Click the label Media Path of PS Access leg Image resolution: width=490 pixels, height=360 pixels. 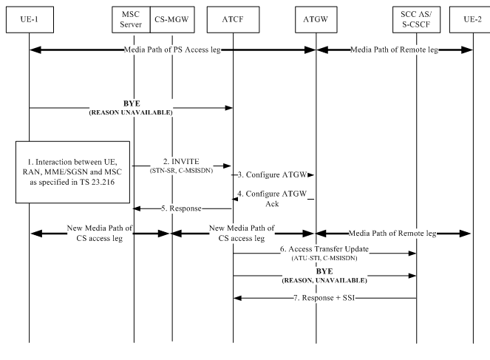tap(174, 49)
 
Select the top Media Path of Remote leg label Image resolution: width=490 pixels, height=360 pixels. tap(392, 49)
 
